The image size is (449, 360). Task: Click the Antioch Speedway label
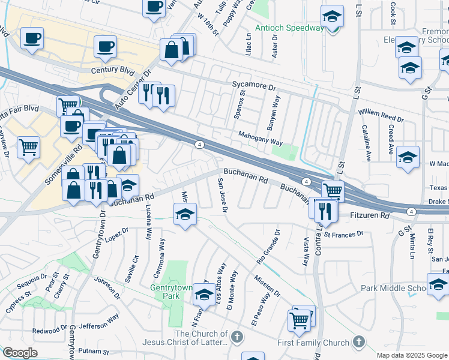(289, 28)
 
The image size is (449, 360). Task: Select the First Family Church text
(313, 343)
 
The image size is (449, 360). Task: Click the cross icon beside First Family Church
(358, 342)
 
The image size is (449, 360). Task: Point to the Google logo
(19, 353)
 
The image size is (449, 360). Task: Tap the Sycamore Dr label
(254, 86)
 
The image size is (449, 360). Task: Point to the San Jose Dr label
(221, 196)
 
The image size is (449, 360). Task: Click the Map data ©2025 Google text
(411, 355)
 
